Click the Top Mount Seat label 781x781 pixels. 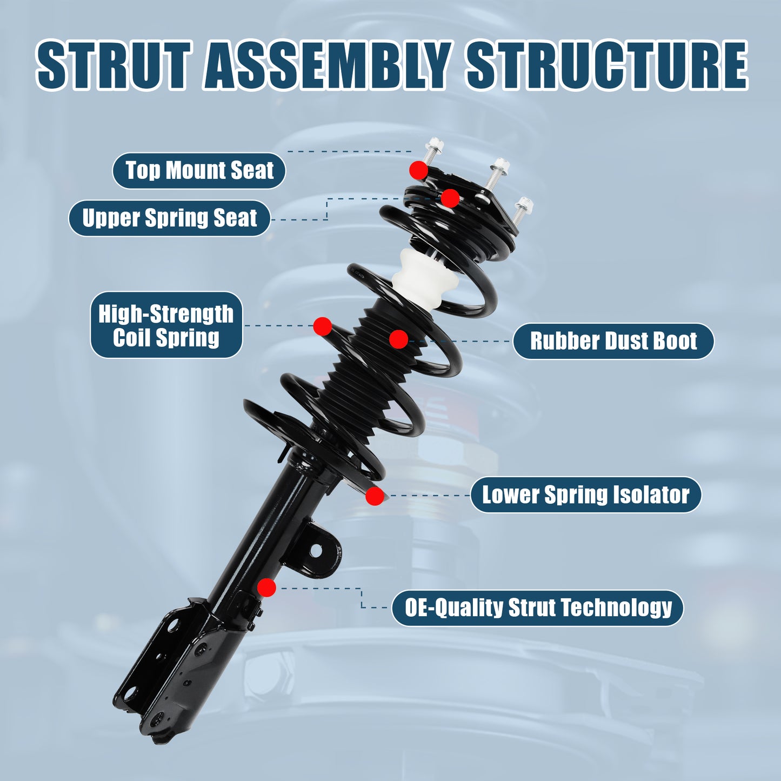coord(199,171)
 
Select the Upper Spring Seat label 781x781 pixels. coord(169,218)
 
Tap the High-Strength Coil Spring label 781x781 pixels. coord(166,325)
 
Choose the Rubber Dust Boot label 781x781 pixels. coord(613,341)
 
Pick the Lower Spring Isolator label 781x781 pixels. coord(585,495)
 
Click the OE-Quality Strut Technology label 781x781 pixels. coord(538,608)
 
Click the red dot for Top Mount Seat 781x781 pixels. coord(418,170)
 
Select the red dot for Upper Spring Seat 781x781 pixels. coord(450,198)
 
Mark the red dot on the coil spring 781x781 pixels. coord(323,326)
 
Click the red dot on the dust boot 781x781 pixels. coord(398,339)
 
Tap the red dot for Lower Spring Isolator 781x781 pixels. coord(375,496)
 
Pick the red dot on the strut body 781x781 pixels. coord(266,588)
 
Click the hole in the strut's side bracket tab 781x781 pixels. coord(315,551)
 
